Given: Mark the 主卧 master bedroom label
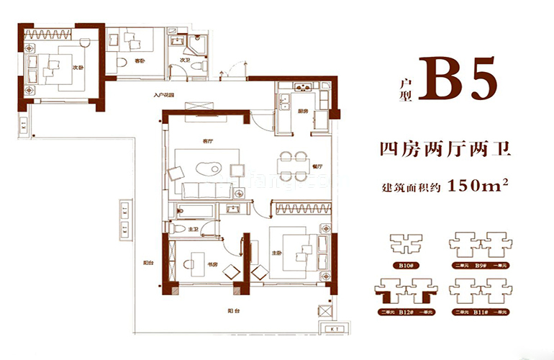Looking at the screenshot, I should [278, 252].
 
